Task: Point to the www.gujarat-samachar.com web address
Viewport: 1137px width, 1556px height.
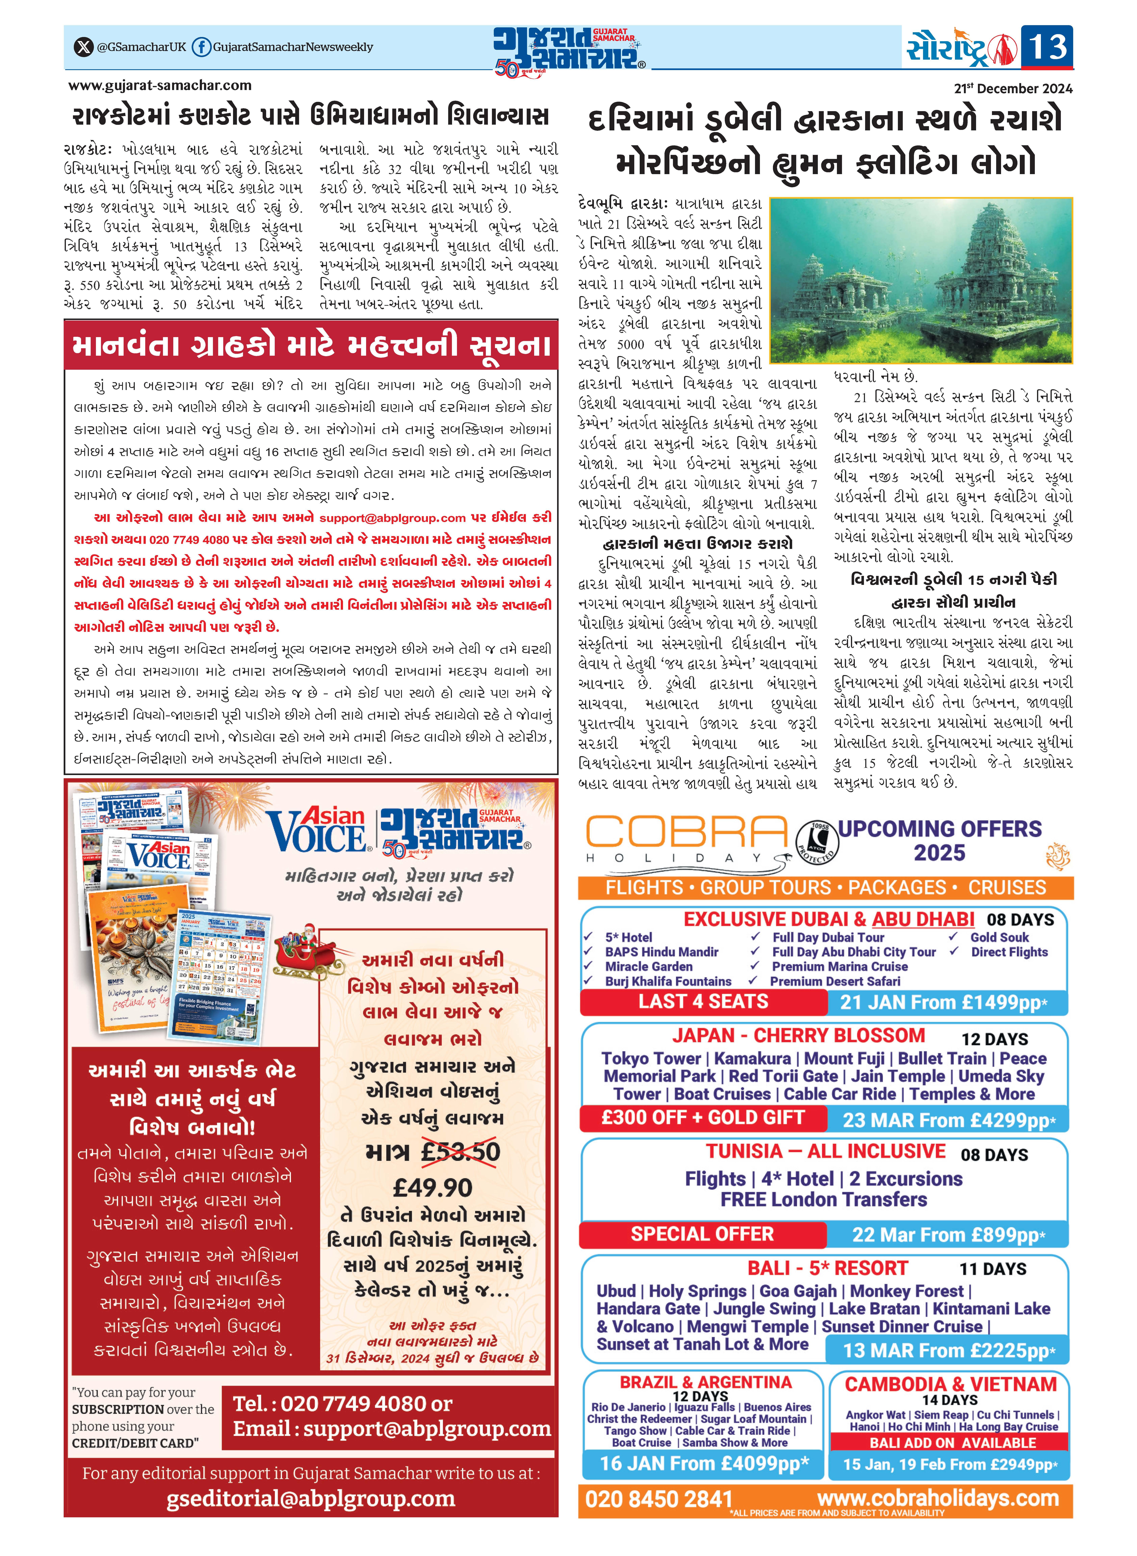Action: click(160, 85)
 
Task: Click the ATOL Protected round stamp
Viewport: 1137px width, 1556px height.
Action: click(816, 842)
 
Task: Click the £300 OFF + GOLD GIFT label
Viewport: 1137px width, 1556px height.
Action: click(703, 1118)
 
